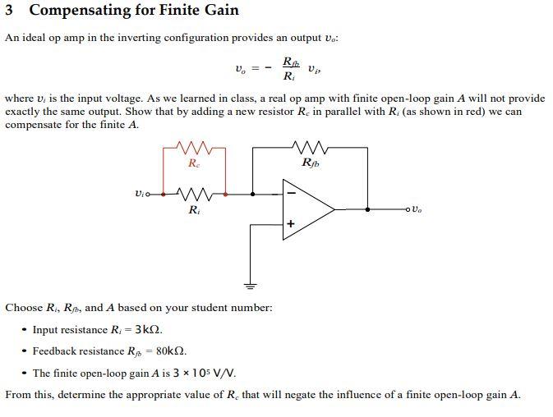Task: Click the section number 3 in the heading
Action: coord(10,11)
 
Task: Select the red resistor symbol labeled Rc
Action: coord(194,149)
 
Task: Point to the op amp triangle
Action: coord(305,209)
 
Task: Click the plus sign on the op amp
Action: coord(289,223)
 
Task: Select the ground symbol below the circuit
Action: coord(251,285)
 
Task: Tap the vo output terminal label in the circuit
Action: coord(417,210)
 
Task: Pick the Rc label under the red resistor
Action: coord(193,163)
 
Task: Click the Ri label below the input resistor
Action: coord(193,211)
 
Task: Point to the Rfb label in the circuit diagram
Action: coord(311,163)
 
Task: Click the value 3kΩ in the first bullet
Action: coord(136,330)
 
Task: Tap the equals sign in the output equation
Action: coord(256,70)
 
